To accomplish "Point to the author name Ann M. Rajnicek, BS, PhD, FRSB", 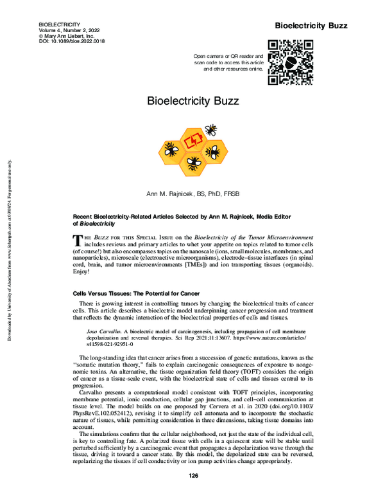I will (192, 193).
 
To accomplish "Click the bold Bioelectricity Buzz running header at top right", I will (311, 26).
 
